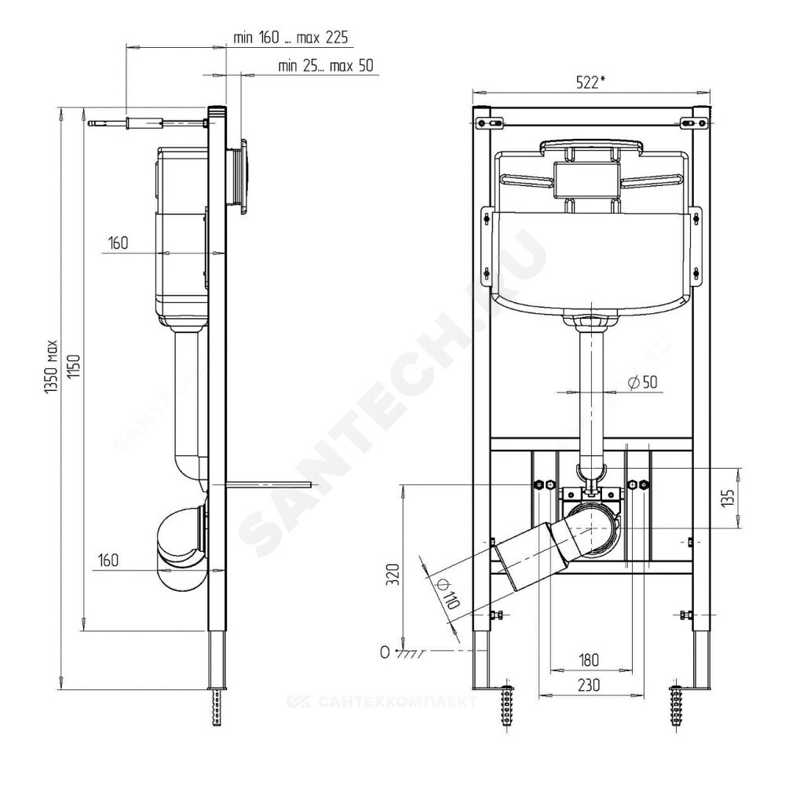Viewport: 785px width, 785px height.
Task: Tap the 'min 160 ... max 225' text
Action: coord(290,38)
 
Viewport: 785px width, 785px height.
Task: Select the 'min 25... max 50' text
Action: coord(326,66)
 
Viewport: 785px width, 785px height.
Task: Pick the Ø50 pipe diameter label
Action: coord(642,382)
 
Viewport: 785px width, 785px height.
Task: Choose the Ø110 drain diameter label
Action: coord(447,593)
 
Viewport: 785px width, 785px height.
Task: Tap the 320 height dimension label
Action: coord(394,575)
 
